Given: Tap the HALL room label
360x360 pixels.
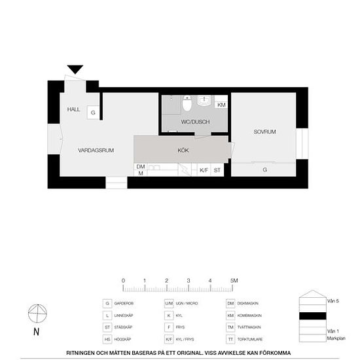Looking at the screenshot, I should (73, 109).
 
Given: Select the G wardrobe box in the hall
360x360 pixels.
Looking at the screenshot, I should (93, 113).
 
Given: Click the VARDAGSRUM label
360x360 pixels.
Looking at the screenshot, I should (96, 151).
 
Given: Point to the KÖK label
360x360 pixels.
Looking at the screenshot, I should (183, 151).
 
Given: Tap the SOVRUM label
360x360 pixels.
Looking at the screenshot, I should (264, 132).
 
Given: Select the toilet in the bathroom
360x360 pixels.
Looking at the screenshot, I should (187, 103).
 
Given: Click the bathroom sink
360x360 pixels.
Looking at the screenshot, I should (205, 101).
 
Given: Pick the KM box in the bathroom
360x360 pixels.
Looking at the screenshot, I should (221, 105).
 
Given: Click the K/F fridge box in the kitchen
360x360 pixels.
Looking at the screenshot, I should (204, 170).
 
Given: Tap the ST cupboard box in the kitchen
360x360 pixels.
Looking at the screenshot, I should (218, 170).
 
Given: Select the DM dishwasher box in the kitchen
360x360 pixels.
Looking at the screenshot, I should (140, 170).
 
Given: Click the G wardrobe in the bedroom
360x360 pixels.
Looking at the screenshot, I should (264, 170).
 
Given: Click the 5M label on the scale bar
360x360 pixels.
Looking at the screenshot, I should (234, 280).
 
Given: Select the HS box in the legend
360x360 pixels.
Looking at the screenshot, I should (107, 339).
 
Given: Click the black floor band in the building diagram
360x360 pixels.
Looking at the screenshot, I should (312, 315).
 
